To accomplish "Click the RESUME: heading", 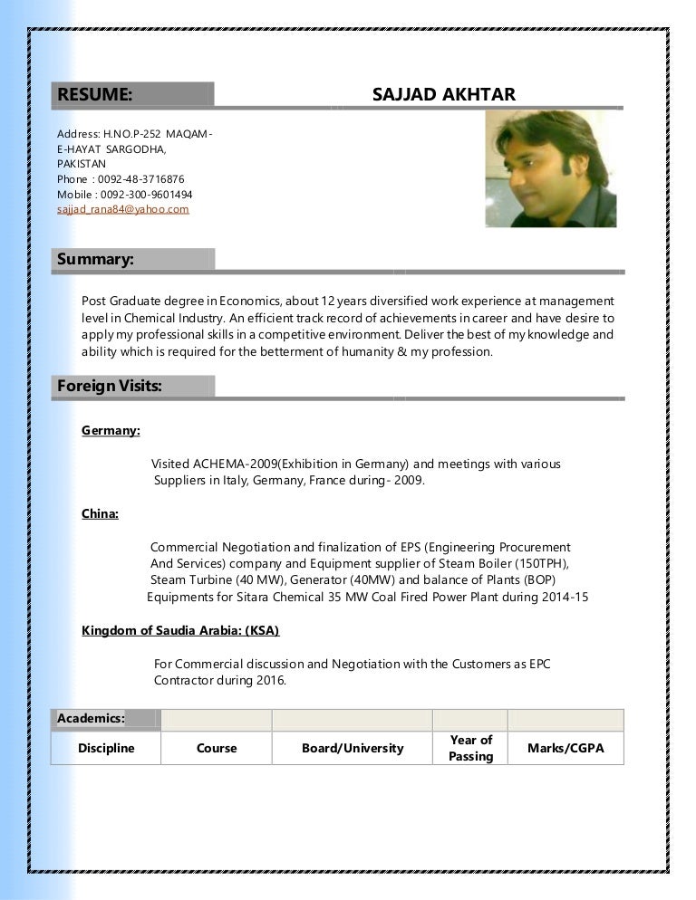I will pyautogui.click(x=95, y=95).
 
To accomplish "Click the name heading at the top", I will pyautogui.click(x=443, y=95).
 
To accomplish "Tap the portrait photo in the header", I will pyautogui.click(x=551, y=168).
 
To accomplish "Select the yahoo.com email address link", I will pyautogui.click(x=123, y=209).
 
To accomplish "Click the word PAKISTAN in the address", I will pyautogui.click(x=82, y=164).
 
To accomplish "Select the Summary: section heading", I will pyautogui.click(x=95, y=259).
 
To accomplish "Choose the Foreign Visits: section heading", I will pyautogui.click(x=110, y=386).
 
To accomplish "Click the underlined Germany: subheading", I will pyautogui.click(x=111, y=431).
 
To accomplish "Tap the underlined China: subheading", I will pyautogui.click(x=100, y=514).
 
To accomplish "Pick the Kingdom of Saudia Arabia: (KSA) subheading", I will pyautogui.click(x=180, y=630).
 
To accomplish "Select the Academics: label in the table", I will pyautogui.click(x=91, y=719).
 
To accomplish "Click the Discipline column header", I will pyautogui.click(x=106, y=748).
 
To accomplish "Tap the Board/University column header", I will pyautogui.click(x=353, y=748).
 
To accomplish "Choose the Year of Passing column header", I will pyautogui.click(x=470, y=748).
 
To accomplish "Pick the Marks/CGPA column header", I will pyautogui.click(x=565, y=748).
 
